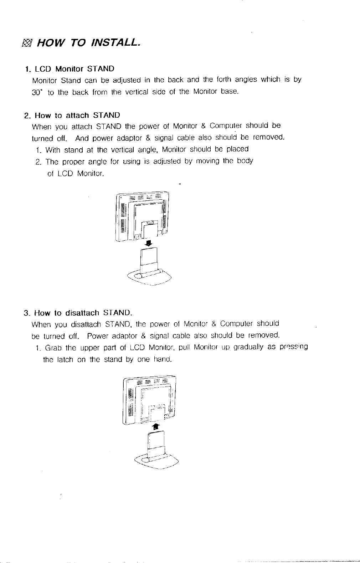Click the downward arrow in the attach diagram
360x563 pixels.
(149, 243)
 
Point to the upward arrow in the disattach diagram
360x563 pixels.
(156, 427)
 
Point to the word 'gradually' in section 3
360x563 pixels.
(248, 347)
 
